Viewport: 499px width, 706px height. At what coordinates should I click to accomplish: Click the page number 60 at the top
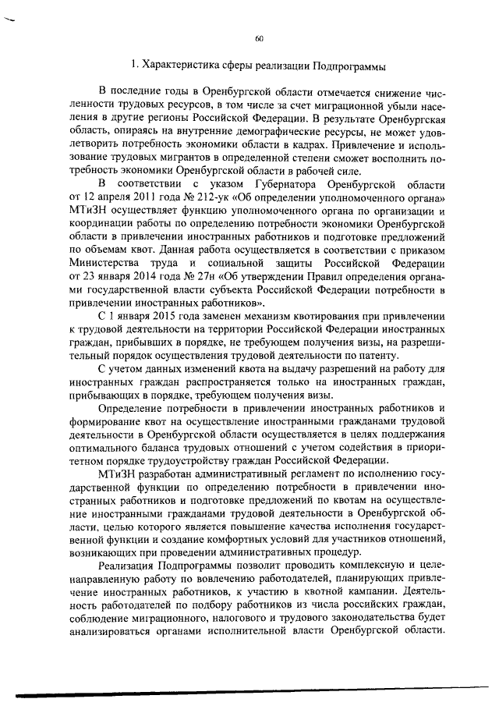coord(259,39)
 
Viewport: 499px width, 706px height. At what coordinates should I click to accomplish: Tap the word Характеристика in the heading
coord(177,65)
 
